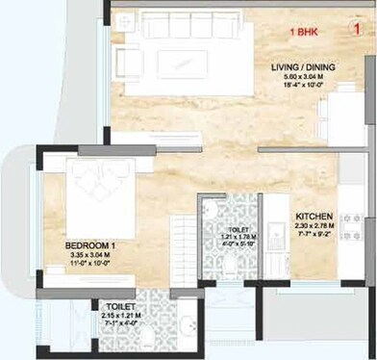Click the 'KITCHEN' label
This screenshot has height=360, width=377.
314,216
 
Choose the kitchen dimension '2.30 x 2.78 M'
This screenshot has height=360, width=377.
314,227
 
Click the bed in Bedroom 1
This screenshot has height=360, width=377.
100,192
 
